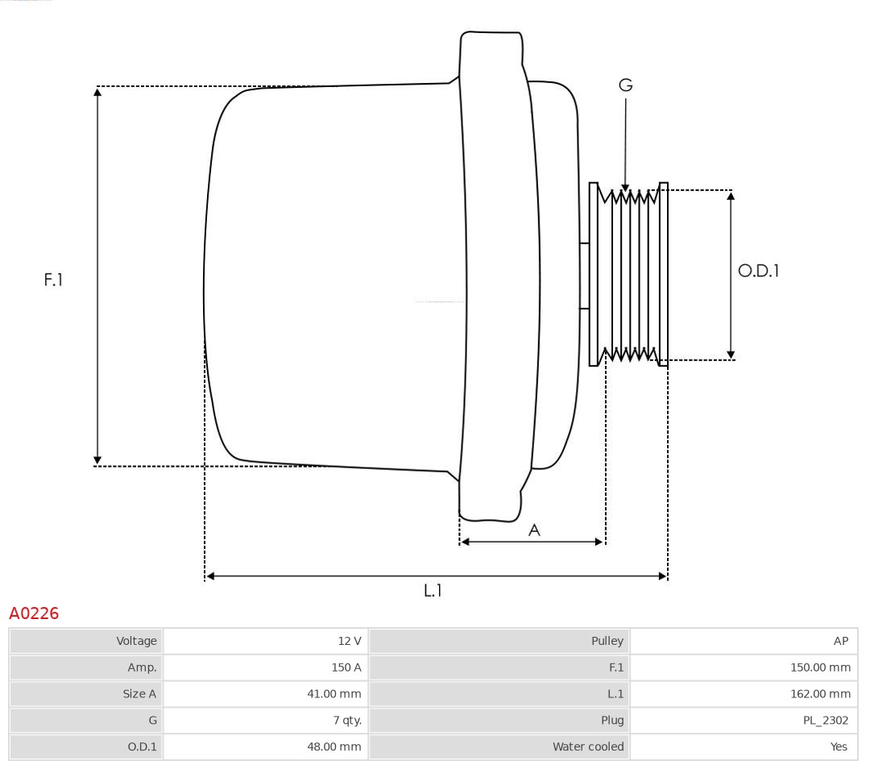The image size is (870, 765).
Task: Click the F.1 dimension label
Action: [x=53, y=280]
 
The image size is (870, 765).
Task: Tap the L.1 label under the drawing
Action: [x=433, y=591]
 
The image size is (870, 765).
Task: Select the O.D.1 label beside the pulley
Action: [x=758, y=271]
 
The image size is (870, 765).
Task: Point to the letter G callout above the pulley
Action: [x=626, y=85]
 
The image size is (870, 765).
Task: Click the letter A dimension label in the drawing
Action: [x=534, y=530]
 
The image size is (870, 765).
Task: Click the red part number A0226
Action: [x=34, y=614]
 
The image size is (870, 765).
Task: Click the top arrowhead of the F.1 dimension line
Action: [x=97, y=91]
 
